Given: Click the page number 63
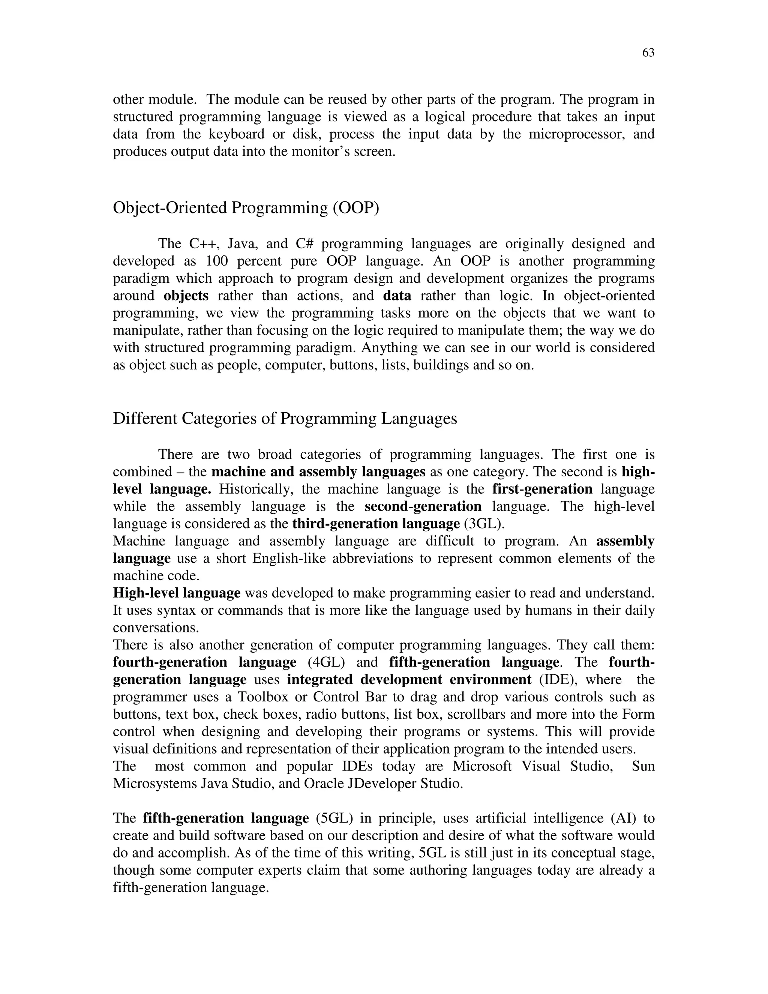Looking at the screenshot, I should click(x=648, y=53).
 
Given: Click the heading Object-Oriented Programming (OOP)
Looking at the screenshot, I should click(x=246, y=208).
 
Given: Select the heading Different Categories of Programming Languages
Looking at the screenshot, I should click(x=285, y=418).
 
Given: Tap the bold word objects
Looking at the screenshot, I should click(x=186, y=296).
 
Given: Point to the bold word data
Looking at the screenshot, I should click(x=397, y=296).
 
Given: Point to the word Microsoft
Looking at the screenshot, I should click(x=482, y=766).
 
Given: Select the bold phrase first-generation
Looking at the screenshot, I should click(x=542, y=489).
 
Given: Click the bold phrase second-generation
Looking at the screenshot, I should click(x=423, y=506).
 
